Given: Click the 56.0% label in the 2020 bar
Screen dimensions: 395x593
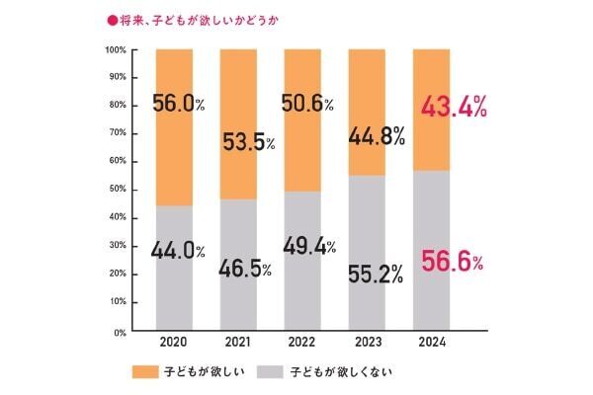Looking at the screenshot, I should click(x=178, y=102).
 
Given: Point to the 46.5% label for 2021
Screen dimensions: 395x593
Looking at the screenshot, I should click(x=245, y=269).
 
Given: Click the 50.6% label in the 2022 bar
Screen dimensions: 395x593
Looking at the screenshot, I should click(x=310, y=102).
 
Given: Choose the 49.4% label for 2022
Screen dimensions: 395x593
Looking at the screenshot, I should click(x=310, y=245).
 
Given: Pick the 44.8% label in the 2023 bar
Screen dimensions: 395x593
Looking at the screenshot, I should click(x=376, y=137).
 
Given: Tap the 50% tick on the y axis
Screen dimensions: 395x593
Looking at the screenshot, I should click(x=117, y=190).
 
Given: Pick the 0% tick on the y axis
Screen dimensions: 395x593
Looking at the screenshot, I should click(x=119, y=332).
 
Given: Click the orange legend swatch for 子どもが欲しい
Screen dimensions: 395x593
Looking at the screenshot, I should click(x=144, y=372).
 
